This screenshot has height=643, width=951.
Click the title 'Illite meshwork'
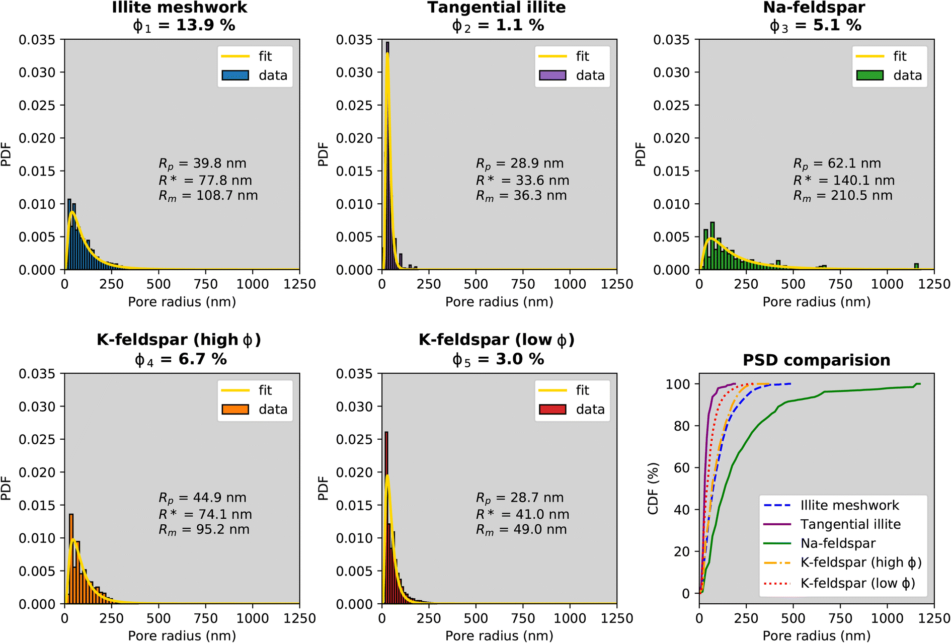pyautogui.click(x=180, y=8)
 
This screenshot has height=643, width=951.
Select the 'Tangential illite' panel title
pyautogui.click(x=497, y=8)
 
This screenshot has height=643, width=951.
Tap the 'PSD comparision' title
pyautogui.click(x=816, y=360)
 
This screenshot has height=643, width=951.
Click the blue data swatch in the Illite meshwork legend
pyautogui.click(x=235, y=75)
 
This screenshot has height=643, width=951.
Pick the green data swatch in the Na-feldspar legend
pyautogui.click(x=870, y=75)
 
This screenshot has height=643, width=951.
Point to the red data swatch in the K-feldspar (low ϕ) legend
pyautogui.click(x=552, y=410)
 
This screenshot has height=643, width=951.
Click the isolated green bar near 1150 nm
pyautogui.click(x=916, y=266)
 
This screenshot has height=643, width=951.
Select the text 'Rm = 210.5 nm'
pyautogui.click(x=843, y=196)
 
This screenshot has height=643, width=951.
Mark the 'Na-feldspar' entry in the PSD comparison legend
pyautogui.click(x=838, y=543)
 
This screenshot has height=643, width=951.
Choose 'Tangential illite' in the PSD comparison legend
pyautogui.click(x=850, y=524)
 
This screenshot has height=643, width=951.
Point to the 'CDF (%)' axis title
pyautogui.click(x=653, y=489)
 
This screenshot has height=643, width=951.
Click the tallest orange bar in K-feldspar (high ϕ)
pyautogui.click(x=71, y=558)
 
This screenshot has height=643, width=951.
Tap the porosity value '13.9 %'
pyautogui.click(x=205, y=25)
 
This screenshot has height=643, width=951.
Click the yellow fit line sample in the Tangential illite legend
pyautogui.click(x=552, y=56)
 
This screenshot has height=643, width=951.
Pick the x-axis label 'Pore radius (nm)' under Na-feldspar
pyautogui.click(x=816, y=302)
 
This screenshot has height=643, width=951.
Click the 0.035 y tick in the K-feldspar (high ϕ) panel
pyautogui.click(x=37, y=374)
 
